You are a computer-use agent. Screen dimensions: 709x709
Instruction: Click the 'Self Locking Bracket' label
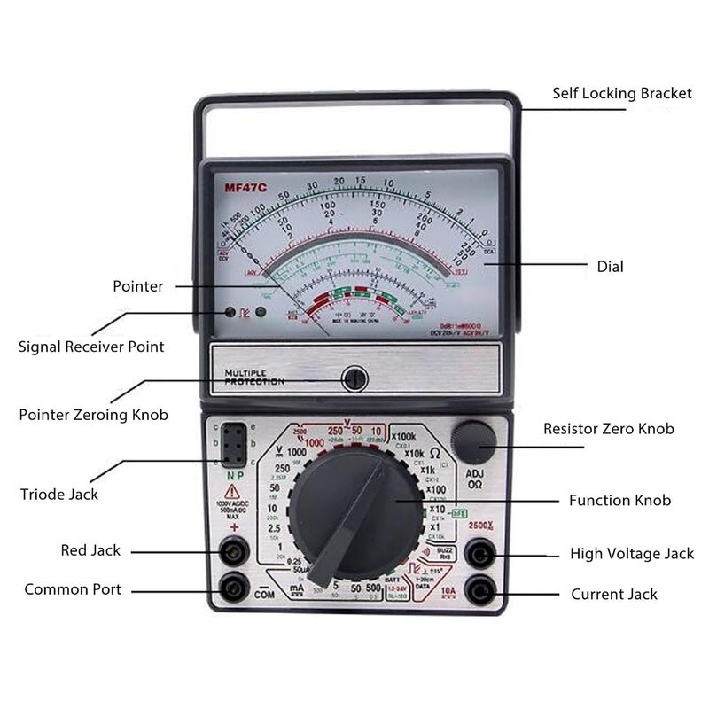click(622, 93)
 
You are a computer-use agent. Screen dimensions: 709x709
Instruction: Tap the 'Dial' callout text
click(611, 266)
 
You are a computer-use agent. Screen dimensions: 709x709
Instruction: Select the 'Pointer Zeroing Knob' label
click(93, 415)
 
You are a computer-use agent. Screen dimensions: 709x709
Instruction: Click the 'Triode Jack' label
click(59, 494)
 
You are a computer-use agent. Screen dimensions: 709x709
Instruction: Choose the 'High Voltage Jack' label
click(632, 554)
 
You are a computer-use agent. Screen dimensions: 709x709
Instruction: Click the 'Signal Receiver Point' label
click(91, 347)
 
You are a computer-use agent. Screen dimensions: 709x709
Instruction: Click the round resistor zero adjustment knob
click(473, 440)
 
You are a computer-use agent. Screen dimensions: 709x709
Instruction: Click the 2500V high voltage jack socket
click(479, 556)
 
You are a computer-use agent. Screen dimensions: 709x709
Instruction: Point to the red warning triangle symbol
click(232, 491)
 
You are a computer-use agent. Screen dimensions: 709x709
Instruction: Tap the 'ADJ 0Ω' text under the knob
click(474, 479)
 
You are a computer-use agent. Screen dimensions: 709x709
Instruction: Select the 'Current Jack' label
click(614, 594)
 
